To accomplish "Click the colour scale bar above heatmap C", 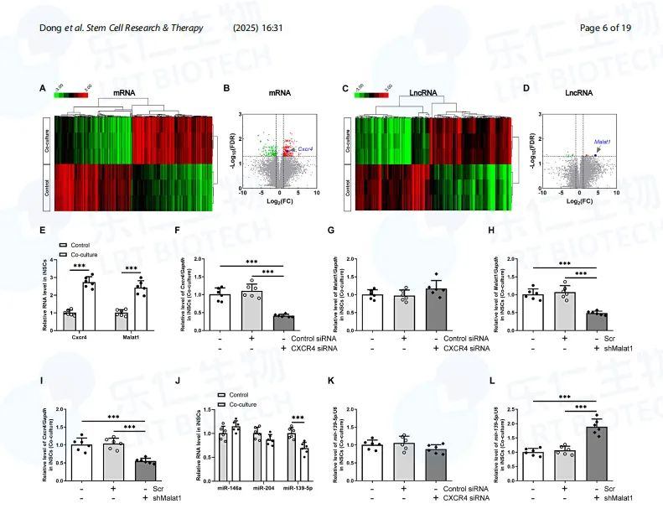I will pyautogui.click(x=370, y=95).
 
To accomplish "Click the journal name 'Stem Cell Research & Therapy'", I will pyautogui.click(x=138, y=29).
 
